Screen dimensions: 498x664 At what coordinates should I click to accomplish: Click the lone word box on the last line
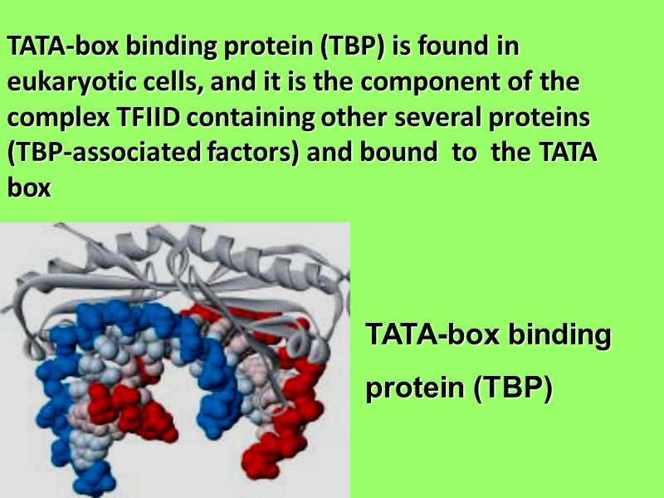pyautogui.click(x=29, y=189)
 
